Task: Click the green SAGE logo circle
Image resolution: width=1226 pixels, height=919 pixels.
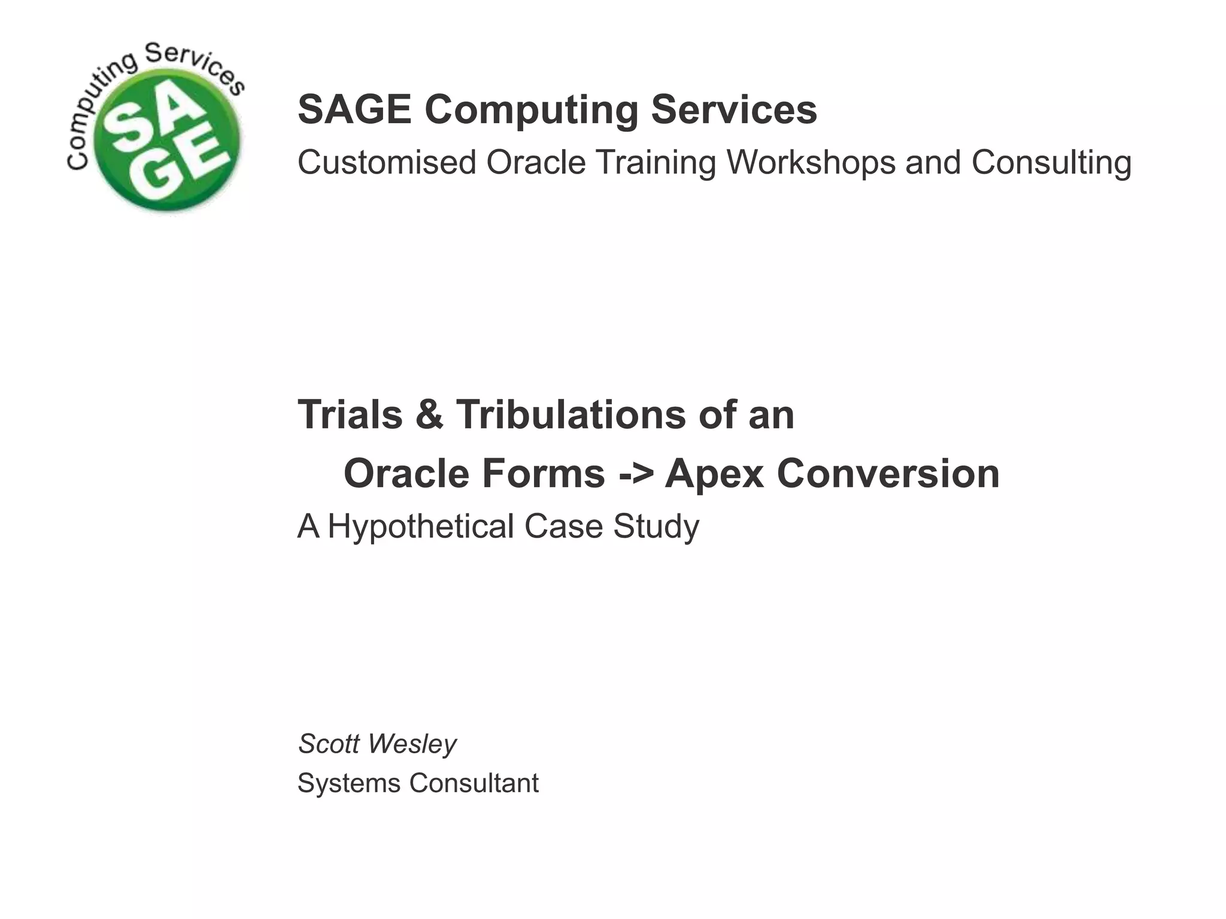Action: (168, 143)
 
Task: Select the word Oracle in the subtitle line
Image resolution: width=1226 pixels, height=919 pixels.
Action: (535, 162)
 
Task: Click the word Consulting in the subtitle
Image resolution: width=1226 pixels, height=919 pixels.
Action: (1051, 162)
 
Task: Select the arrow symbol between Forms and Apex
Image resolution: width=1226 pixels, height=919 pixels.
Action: (636, 474)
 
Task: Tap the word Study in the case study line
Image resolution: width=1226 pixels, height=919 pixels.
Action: (656, 527)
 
